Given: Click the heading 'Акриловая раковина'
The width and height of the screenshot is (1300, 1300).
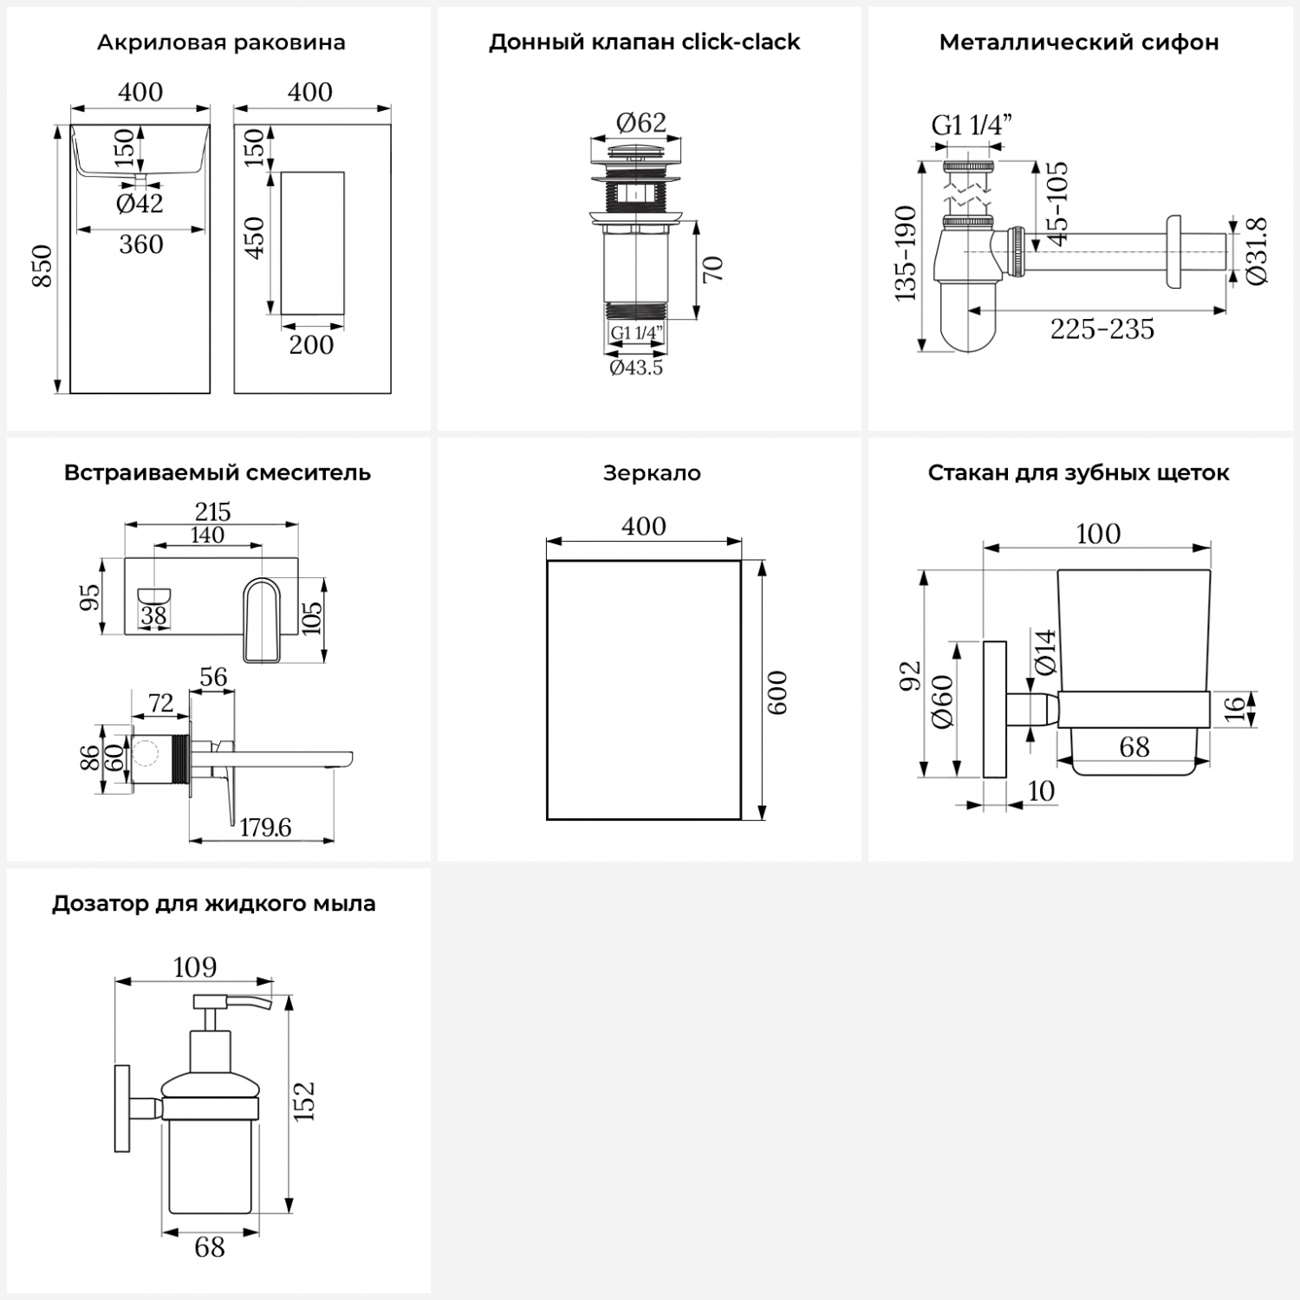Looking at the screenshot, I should coord(221,42).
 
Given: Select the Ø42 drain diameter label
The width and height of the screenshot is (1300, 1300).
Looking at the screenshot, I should coord(140,204).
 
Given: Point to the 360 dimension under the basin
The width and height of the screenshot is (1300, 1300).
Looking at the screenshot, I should coord(141,245).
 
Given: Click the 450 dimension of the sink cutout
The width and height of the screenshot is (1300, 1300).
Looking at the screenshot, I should coord(255,237).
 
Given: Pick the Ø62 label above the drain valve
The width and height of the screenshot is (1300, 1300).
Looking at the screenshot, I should coord(641,123).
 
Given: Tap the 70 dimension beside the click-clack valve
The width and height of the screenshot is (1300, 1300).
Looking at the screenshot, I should coord(712,270).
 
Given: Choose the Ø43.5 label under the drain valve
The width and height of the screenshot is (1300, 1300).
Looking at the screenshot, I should coord(636,367).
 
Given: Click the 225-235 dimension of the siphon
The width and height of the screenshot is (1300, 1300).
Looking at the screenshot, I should coord(1102,329).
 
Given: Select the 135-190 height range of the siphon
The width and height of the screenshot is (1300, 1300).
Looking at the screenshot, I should coord(906,253).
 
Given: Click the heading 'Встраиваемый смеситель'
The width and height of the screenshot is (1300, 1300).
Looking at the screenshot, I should coord(218,473).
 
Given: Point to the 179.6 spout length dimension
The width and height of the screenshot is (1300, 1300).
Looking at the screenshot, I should coord(265,828).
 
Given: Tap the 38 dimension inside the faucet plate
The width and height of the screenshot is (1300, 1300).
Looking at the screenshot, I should coord(153,615).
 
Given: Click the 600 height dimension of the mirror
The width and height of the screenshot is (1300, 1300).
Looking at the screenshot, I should coord(777,692).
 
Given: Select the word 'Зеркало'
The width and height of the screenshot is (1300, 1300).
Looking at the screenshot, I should coord(652,473).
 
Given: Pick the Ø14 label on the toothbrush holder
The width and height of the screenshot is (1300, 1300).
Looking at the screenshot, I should coord(1046,652).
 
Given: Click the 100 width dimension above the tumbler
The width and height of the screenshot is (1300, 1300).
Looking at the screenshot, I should coord(1098,534).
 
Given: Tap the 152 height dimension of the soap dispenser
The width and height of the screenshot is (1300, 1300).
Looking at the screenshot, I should coord(304,1102).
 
